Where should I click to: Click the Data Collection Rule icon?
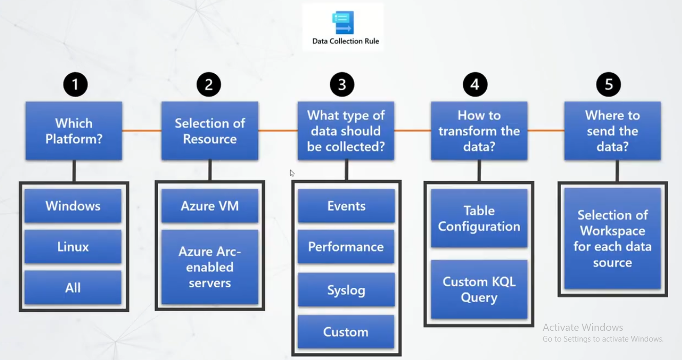(x=342, y=23)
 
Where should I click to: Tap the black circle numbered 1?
(x=75, y=84)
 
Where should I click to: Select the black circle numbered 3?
(x=342, y=84)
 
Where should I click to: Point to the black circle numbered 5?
(x=608, y=84)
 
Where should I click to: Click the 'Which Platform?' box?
(x=74, y=131)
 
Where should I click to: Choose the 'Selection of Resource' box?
(x=210, y=131)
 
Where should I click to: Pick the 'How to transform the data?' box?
(x=479, y=131)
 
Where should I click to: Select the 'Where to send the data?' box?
(x=612, y=131)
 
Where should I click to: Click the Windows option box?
(x=73, y=206)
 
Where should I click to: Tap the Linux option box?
(x=73, y=247)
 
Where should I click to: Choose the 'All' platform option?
(x=73, y=288)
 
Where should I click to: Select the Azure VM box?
(x=210, y=206)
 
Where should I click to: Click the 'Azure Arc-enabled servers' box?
(x=210, y=267)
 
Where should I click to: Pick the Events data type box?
(x=346, y=206)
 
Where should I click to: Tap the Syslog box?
(x=346, y=290)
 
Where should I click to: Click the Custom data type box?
(x=346, y=332)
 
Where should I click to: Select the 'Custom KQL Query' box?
(x=479, y=289)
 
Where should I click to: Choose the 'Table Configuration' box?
(x=479, y=219)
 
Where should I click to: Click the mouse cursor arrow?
(x=292, y=173)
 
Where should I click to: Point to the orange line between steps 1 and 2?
(x=141, y=131)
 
